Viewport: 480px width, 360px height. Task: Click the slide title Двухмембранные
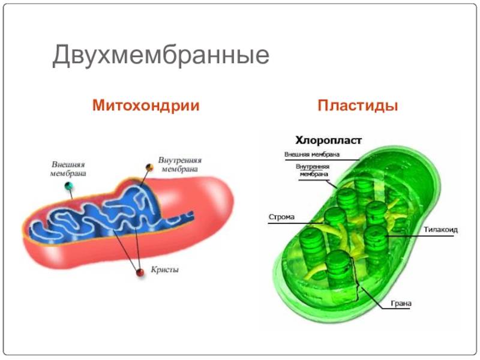click(161, 55)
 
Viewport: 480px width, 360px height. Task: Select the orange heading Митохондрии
click(146, 106)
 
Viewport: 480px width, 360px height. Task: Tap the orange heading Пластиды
click(358, 106)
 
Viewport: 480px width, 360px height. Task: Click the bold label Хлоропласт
click(328, 140)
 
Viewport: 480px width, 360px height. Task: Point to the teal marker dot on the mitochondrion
click(69, 185)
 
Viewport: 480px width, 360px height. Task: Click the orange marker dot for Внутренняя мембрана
click(149, 167)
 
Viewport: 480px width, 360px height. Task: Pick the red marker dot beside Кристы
click(140, 272)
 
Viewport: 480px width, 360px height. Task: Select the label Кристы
click(164, 269)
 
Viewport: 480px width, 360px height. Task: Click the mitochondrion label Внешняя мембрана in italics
click(68, 169)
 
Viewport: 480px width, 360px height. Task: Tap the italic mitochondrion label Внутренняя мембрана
click(179, 164)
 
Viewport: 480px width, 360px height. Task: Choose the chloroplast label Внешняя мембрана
click(312, 154)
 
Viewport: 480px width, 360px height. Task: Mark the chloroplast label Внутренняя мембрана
click(313, 170)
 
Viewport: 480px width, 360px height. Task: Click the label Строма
click(281, 217)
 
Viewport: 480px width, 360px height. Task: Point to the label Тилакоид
click(441, 230)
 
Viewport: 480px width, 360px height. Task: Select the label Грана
click(401, 304)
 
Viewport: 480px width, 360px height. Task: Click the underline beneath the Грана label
click(397, 308)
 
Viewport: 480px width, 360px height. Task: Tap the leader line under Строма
click(295, 223)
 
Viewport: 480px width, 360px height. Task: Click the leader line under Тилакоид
click(420, 236)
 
